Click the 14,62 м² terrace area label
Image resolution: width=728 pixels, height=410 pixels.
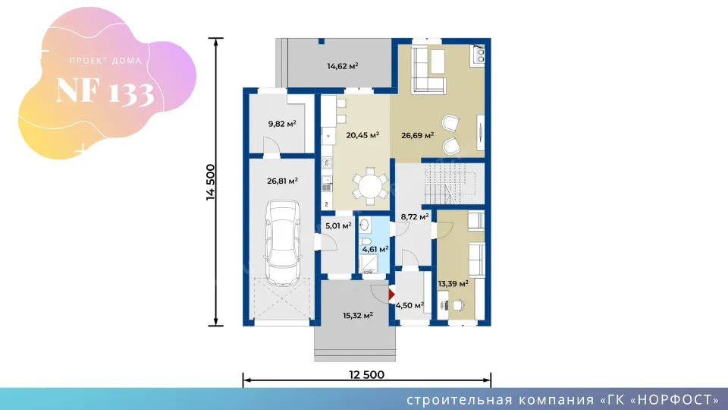(x=343, y=66)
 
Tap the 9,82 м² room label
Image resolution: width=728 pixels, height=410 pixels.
(x=282, y=124)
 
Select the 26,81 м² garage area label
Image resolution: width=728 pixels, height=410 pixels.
(x=282, y=181)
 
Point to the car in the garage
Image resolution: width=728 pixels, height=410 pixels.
(x=282, y=243)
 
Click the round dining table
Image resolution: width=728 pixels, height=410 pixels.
(x=370, y=186)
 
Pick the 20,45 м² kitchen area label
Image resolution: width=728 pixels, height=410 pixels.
(x=362, y=135)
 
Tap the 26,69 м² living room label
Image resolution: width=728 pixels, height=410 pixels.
(x=417, y=135)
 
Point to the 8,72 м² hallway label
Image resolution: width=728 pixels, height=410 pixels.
(x=415, y=216)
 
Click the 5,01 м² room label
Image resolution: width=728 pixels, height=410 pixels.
(x=338, y=226)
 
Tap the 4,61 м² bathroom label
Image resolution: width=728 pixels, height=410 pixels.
(x=375, y=249)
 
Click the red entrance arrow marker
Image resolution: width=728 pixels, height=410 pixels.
(x=391, y=295)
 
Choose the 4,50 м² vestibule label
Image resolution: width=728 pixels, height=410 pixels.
(x=409, y=305)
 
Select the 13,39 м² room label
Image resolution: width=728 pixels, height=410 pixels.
(x=453, y=283)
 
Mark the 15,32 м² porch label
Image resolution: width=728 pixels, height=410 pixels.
(x=358, y=316)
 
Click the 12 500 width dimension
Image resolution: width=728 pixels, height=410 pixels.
(x=367, y=374)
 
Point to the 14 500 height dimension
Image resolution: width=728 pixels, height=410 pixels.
(x=210, y=182)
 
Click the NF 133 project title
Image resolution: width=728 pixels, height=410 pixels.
(x=105, y=91)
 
